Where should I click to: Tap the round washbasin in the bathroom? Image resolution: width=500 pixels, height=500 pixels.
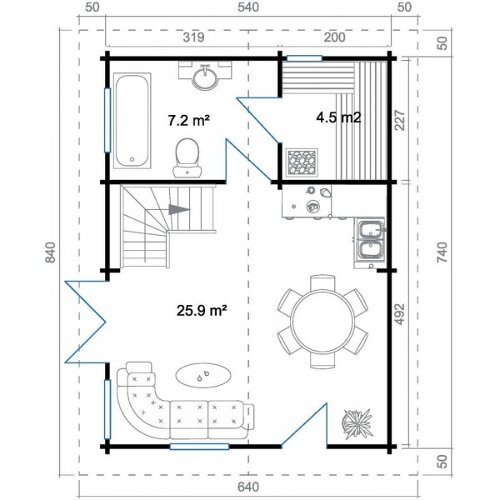click(x=204, y=77)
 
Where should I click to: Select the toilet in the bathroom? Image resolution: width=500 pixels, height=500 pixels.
click(x=187, y=157)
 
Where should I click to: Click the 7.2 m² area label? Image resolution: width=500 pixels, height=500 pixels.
click(x=188, y=120)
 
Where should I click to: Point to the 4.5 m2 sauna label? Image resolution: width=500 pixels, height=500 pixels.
click(x=337, y=117)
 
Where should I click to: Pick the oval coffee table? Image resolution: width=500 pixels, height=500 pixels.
click(x=203, y=376)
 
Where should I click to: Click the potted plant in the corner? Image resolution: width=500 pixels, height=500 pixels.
click(x=359, y=423)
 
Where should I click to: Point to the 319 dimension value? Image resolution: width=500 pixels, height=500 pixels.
click(x=193, y=37)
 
